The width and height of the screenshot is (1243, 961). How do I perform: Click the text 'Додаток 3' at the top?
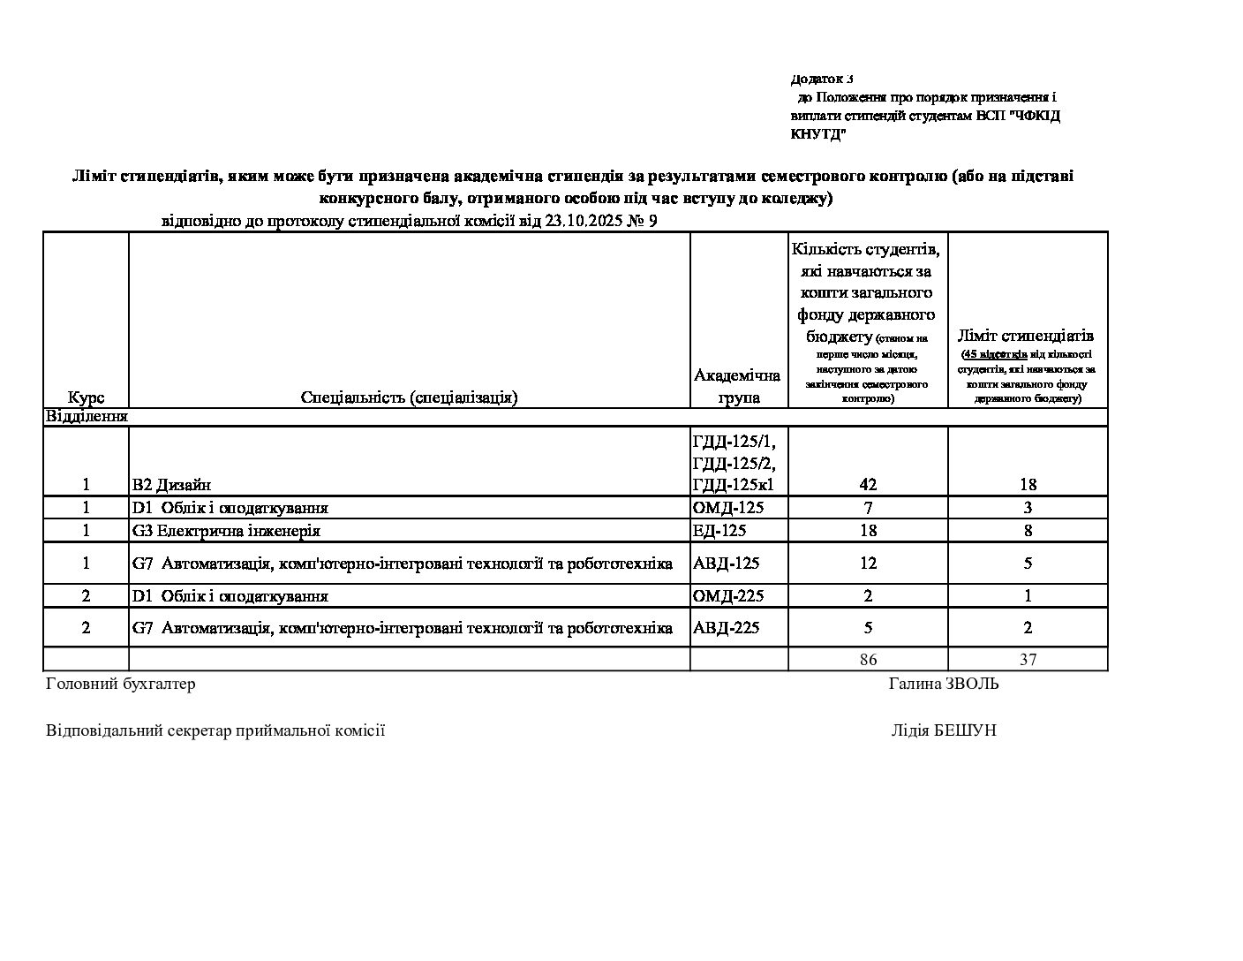821,79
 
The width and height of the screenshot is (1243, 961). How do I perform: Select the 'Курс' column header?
86,397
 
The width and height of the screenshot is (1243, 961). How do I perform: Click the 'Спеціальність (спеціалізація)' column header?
409,397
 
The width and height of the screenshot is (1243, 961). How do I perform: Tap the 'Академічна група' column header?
738,386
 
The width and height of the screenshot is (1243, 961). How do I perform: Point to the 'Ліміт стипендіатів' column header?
1027,336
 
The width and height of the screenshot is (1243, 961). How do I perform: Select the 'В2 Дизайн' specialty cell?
171,484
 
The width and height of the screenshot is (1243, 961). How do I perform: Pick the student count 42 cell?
868,484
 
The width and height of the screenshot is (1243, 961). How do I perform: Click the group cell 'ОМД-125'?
728,508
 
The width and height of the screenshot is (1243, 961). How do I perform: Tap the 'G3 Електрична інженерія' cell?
226,531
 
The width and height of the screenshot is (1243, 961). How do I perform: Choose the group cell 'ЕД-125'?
720,531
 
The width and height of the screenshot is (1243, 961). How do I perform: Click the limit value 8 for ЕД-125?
1028,531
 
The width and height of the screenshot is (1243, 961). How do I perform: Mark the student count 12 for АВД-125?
868,564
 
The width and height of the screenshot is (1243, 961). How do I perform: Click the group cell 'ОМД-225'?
728,596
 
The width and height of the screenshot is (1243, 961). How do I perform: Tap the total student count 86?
868,659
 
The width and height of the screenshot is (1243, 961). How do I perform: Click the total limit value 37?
1028,659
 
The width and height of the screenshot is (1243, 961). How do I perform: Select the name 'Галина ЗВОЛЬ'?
944,684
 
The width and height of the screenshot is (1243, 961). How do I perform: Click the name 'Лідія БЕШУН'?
944,730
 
